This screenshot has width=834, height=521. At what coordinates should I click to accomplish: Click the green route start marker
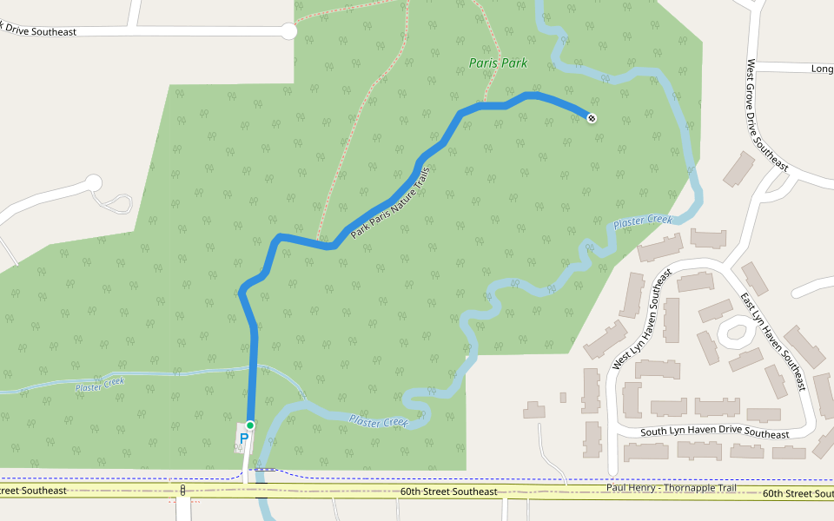[x=249, y=425]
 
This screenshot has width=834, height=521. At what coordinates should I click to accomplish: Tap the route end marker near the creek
[x=592, y=118]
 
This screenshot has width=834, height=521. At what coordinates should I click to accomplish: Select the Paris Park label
[x=498, y=63]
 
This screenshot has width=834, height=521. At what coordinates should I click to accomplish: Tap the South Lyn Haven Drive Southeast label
[x=714, y=434]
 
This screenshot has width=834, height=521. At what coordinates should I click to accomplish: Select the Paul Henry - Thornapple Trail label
[x=671, y=488]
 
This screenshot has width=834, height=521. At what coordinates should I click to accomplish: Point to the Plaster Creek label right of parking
[x=379, y=421]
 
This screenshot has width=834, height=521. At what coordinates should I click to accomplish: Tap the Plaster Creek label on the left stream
[x=100, y=384]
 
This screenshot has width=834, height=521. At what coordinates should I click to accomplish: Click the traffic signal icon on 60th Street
[x=182, y=491]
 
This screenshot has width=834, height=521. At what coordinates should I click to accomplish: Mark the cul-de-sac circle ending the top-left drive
[x=288, y=31]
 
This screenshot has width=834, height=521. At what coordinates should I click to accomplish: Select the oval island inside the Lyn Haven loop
[x=735, y=330]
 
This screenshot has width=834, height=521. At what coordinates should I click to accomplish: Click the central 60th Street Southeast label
[x=448, y=491]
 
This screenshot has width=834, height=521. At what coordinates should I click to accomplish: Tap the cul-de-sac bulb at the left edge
[x=93, y=183]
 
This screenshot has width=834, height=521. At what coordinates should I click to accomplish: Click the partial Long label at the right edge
[x=822, y=68]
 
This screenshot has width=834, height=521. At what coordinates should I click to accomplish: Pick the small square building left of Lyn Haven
[x=563, y=398]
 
